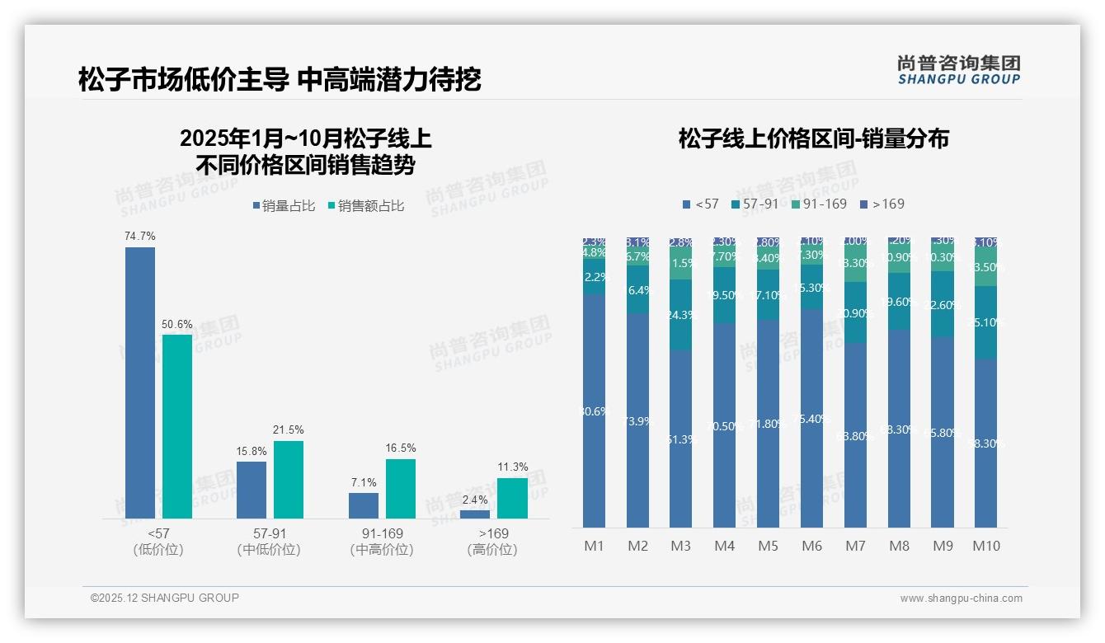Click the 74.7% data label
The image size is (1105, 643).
pyautogui.click(x=140, y=237)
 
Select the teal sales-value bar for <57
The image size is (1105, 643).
pyautogui.click(x=177, y=426)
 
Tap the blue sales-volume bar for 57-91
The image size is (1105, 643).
pyautogui.click(x=252, y=490)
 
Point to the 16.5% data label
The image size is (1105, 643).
pyautogui.click(x=400, y=448)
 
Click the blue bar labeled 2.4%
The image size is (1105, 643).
pyautogui.click(x=475, y=514)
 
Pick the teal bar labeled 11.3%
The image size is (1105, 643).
pyautogui.click(x=512, y=498)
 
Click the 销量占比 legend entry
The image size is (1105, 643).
pyautogui.click(x=284, y=206)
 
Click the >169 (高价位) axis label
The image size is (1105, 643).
pyautogui.click(x=492, y=542)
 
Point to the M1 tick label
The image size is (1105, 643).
pyautogui.click(x=594, y=546)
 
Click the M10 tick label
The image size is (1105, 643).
pyautogui.click(x=985, y=546)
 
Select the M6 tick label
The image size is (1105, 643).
pyautogui.click(x=811, y=546)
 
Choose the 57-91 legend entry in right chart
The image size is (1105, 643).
pyautogui.click(x=754, y=204)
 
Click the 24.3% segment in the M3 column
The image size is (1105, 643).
pyautogui.click(x=680, y=314)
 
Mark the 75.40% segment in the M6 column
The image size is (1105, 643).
pyautogui.click(x=811, y=418)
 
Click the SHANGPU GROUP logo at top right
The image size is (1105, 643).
pyautogui.click(x=958, y=69)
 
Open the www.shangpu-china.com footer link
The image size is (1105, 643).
pyautogui.click(x=961, y=598)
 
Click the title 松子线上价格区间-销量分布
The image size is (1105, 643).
pyautogui.click(x=813, y=138)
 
